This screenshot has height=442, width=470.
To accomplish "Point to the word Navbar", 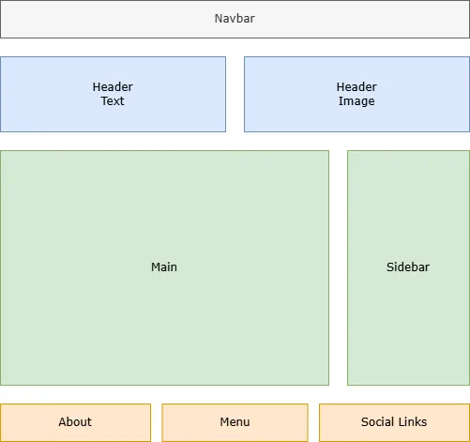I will [x=235, y=18].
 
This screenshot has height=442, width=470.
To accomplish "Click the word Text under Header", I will [x=113, y=101].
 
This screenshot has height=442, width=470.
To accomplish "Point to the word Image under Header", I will [x=356, y=101].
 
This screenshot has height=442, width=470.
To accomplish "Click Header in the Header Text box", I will [x=113, y=87].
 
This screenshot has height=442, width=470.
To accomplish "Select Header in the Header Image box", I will [x=356, y=87].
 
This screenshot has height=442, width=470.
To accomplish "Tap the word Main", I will [x=164, y=267].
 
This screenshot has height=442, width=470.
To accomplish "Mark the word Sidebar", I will [x=408, y=267].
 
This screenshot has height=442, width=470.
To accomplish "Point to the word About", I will [x=75, y=422].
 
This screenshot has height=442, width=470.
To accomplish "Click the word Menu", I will [x=235, y=422].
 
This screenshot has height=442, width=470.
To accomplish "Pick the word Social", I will [x=378, y=422].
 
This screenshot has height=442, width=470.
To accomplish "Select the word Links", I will [x=413, y=422].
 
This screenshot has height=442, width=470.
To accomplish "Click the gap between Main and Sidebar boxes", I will [x=338, y=267].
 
